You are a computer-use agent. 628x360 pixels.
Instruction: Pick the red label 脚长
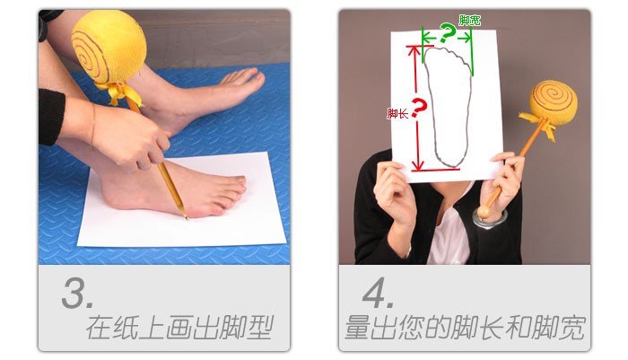(397, 115)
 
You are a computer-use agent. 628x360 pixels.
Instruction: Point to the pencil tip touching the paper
(184, 216)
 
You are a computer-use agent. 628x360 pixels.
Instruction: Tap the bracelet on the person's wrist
(490, 218)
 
